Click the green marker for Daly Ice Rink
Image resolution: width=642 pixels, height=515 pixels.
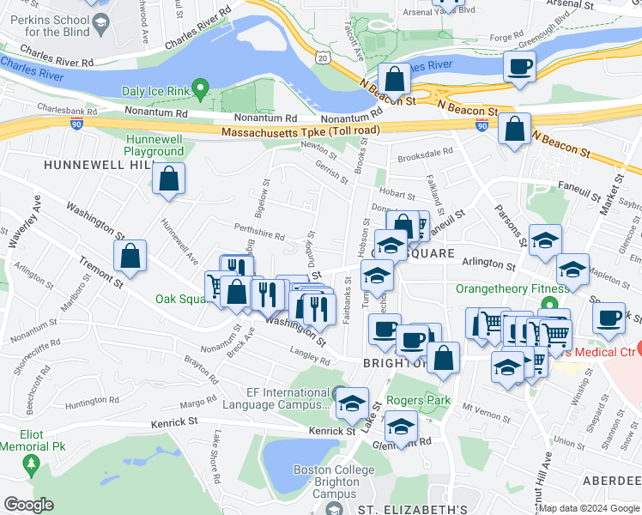[200, 87]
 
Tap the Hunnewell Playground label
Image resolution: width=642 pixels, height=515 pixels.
[155, 145]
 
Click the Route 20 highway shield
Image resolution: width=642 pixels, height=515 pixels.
[322, 56]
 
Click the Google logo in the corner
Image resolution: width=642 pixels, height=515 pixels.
[28, 505]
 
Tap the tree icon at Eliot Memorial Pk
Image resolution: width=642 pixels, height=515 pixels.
[33, 464]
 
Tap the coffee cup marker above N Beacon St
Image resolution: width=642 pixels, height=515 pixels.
[518, 68]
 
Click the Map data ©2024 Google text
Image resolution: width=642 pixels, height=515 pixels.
[589, 508]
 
